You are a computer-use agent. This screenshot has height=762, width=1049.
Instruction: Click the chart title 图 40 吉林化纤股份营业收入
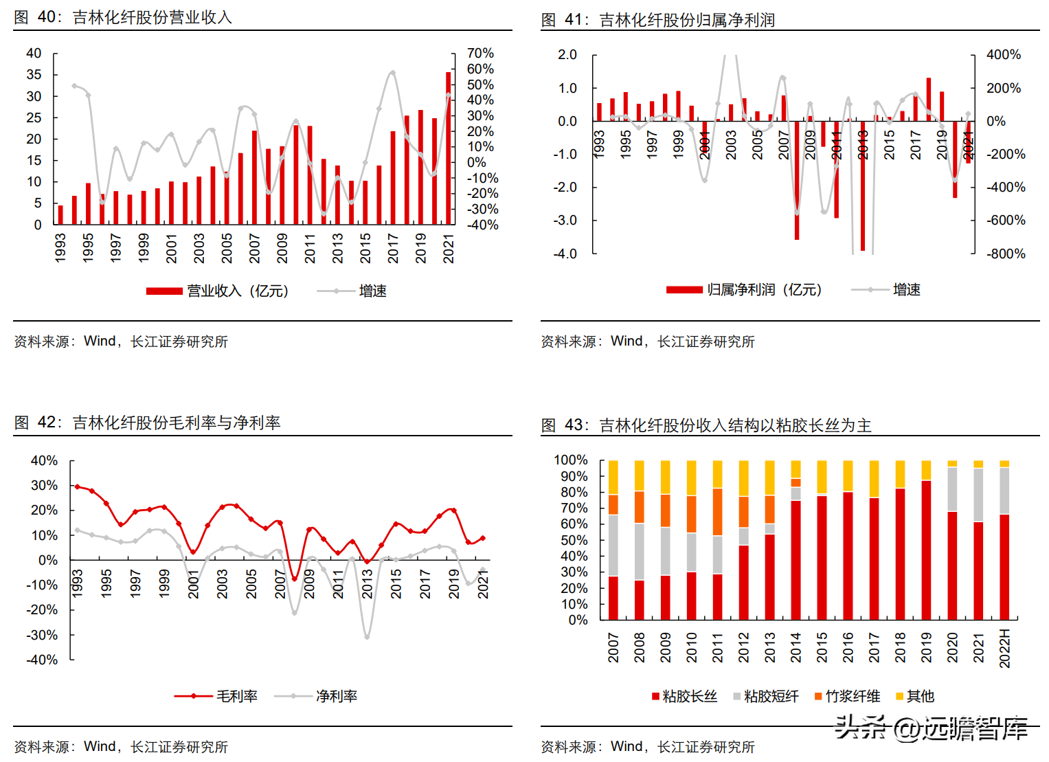pos(124,17)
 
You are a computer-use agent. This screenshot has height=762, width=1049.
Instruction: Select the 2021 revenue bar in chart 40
pos(449,148)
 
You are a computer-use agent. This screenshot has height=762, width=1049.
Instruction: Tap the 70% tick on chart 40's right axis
pos(480,54)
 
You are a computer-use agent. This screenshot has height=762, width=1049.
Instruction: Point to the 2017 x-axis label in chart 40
pos(393,248)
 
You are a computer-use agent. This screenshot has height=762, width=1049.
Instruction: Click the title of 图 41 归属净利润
pos(658,20)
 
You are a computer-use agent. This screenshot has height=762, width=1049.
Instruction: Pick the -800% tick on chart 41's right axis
pos(1006,254)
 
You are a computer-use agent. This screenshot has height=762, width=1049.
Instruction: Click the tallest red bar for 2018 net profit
pos(929,100)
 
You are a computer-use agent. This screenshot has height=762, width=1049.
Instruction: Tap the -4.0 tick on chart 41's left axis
pos(565,254)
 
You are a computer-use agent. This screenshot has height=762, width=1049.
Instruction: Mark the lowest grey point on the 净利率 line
pos(367,637)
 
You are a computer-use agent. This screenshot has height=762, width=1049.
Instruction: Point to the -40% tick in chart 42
pos(42,660)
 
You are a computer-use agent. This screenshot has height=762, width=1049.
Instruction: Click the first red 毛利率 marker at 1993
pos(77,486)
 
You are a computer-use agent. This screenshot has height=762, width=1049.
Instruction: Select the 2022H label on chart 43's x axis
pos(1005,648)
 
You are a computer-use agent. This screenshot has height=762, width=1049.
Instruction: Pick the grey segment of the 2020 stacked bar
pos(952,489)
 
